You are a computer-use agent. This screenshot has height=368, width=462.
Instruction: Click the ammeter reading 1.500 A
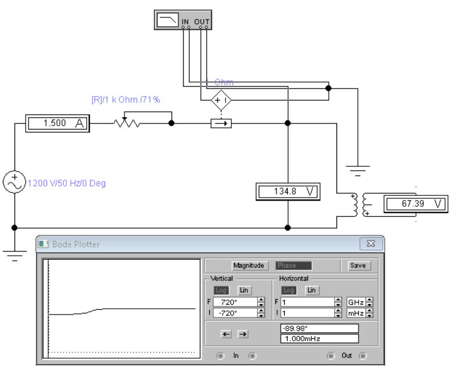coord(56,123)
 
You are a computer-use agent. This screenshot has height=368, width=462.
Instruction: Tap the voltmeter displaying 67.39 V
coord(416,203)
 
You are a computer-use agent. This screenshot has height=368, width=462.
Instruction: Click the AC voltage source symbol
coord(15,182)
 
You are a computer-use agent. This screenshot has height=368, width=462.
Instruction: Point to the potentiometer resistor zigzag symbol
coord(127,123)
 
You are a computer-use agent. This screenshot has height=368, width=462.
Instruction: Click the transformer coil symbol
coord(360,204)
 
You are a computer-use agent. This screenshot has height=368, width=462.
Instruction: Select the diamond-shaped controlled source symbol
coord(221,101)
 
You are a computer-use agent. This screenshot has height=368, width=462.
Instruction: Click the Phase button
coord(293,266)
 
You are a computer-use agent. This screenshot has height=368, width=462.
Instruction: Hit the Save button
coord(358,266)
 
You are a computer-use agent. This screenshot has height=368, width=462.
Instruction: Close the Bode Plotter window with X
coord(370,244)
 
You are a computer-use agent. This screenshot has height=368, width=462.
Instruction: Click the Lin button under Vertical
coord(245,290)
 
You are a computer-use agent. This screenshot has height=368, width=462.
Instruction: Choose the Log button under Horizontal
coord(289,290)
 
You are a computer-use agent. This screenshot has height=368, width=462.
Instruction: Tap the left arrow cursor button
coord(227,334)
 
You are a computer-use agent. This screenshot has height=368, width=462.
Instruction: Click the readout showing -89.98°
coord(319,328)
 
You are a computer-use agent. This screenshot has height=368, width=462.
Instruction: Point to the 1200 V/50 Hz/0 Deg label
coord(67,183)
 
